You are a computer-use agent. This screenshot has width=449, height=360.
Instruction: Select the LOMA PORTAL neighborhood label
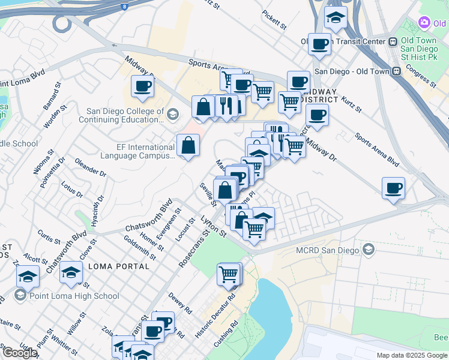118,266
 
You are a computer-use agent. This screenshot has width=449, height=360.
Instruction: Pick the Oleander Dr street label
91,166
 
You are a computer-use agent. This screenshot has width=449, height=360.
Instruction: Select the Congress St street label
420,74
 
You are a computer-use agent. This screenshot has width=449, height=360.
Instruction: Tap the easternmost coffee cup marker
393,188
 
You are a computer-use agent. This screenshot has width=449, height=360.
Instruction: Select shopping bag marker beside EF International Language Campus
188,145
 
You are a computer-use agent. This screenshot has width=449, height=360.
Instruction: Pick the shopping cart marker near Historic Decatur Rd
229,274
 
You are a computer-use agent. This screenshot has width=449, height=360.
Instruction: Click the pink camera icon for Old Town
424,23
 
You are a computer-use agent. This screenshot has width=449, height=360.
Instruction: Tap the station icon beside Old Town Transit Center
393,41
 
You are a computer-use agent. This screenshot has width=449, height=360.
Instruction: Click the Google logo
19,353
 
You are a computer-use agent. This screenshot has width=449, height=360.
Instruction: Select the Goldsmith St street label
140,248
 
